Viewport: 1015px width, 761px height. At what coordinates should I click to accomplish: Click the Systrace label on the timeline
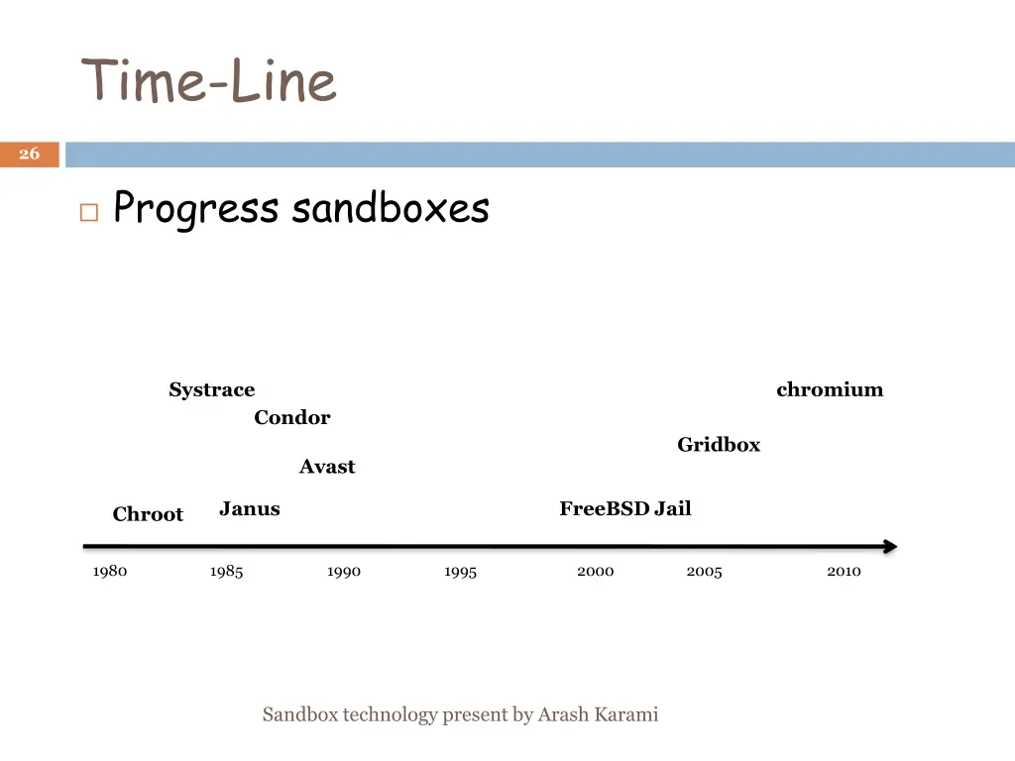point(211,389)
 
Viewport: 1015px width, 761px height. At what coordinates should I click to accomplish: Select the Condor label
point(291,417)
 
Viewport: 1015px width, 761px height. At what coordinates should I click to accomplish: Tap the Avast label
point(327,467)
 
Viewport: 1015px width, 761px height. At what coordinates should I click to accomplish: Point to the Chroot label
point(148,514)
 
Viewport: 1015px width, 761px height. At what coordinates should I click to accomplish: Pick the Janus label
point(250,509)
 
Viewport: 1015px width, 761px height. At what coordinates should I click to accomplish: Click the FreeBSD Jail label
point(624,509)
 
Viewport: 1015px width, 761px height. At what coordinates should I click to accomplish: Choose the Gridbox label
point(719,445)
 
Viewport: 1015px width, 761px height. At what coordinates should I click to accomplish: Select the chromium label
point(830,389)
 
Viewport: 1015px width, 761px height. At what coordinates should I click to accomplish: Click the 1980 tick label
point(110,571)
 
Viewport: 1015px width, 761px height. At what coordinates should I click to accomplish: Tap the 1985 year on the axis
point(226,572)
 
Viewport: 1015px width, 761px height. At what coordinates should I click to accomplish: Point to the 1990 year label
point(344,572)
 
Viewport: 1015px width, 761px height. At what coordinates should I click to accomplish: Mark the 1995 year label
point(460,572)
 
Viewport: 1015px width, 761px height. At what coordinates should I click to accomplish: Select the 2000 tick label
point(595,571)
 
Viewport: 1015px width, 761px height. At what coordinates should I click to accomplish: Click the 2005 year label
point(704,572)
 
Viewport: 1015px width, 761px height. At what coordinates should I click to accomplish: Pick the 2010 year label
point(844,571)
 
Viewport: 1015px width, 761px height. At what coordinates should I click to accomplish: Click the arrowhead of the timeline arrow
point(889,546)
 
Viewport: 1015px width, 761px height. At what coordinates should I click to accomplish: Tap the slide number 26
point(30,154)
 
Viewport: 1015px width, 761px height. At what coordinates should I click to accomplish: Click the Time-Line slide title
point(209,80)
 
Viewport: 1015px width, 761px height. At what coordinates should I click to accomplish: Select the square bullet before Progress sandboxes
point(89,212)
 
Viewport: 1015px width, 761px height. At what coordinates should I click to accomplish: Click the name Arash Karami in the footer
point(598,714)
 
